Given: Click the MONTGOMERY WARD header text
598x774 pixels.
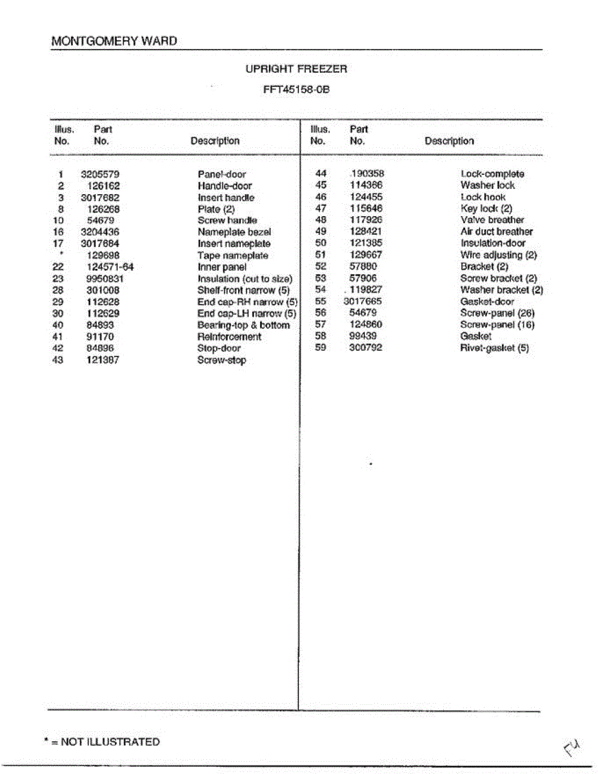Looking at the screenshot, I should point(114,41).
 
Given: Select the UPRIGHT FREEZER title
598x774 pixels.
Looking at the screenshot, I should point(296,69).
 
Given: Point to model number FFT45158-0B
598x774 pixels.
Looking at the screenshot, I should point(296,90).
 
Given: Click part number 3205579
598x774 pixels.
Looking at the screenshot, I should point(100,174).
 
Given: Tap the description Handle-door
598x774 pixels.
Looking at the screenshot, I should point(224,186).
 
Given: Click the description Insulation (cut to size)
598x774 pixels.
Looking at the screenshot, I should point(244,279).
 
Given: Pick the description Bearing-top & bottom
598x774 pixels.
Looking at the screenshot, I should point(243,325).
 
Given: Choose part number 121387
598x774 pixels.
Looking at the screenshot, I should point(103,360).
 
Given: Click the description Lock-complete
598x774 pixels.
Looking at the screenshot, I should point(492,174).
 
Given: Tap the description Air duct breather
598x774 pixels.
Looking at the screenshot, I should point(497,232).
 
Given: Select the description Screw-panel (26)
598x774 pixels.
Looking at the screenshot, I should point(497,313).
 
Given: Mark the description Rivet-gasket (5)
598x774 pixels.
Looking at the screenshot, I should point(495,348).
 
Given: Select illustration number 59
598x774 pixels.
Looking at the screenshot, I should point(321,348).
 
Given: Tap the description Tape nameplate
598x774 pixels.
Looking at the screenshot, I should point(233,255).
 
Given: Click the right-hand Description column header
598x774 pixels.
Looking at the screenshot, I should point(449,141).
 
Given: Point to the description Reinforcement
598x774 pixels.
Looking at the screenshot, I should point(229,337).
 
